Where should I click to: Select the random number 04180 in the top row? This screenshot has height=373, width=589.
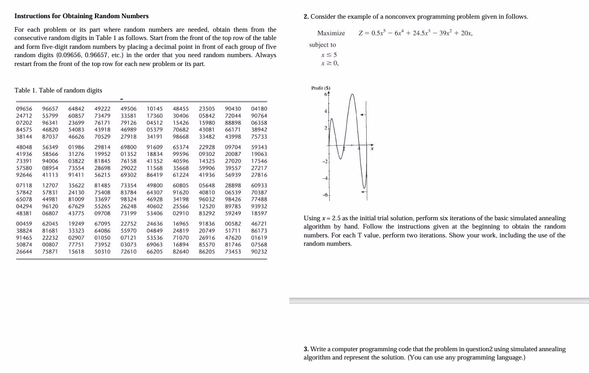259,108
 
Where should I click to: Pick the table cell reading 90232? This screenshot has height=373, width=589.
259,251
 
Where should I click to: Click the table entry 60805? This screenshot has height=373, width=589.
180,185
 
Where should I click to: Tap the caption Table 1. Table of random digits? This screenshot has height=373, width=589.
58,90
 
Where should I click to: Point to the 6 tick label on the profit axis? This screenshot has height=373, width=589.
325,95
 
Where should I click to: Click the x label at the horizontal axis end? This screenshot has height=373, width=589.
372,149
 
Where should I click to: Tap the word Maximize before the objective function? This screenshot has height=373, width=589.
331,33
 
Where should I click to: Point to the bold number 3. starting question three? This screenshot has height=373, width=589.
306,349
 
